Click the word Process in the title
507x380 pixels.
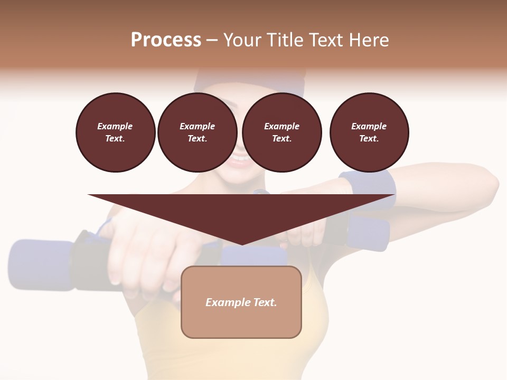[x=166, y=40]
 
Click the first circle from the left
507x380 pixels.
[x=115, y=132]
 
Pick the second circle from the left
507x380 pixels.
[x=197, y=132]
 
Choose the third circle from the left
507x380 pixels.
[x=281, y=132]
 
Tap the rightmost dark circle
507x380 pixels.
[x=369, y=132]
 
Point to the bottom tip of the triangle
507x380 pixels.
[x=241, y=244]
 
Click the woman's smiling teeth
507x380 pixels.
[x=239, y=158]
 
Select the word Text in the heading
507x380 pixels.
[x=322, y=40]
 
